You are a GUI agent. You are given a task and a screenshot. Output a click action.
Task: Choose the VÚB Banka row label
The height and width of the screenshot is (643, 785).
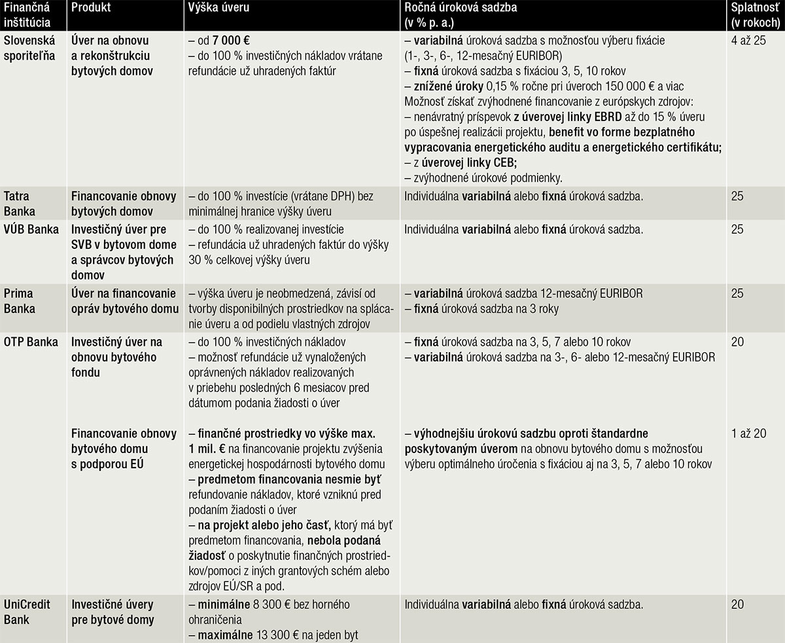coord(31,230)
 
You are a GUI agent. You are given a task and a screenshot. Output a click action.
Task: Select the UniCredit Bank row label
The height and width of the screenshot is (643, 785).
coord(27,612)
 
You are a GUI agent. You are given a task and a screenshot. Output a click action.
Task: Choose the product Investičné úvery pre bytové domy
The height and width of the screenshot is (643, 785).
coord(113,612)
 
